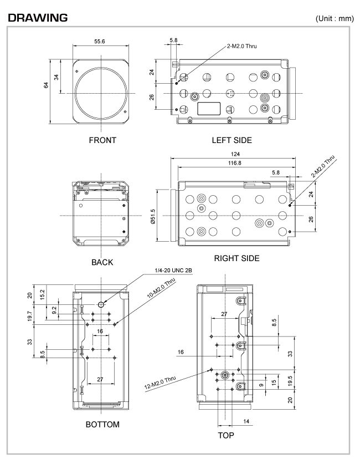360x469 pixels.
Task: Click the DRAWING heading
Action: pyautogui.click(x=38, y=18)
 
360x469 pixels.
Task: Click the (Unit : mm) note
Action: pyautogui.click(x=334, y=18)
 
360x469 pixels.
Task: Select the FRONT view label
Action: pyautogui.click(x=102, y=140)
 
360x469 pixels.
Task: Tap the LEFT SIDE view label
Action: pyautogui.click(x=232, y=140)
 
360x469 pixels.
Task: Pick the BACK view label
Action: pyautogui.click(x=102, y=262)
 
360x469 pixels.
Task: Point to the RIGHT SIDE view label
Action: pyautogui.click(x=236, y=258)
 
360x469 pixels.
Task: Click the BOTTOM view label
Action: pyautogui.click(x=102, y=425)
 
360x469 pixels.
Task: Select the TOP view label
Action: pyautogui.click(x=225, y=435)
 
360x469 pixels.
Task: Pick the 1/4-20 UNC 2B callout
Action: pyautogui.click(x=173, y=270)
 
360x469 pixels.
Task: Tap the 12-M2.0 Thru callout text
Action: pyautogui.click(x=161, y=383)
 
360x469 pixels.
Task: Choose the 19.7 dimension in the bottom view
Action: pyautogui.click(x=29, y=316)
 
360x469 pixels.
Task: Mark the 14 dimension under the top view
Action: pyautogui.click(x=246, y=422)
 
